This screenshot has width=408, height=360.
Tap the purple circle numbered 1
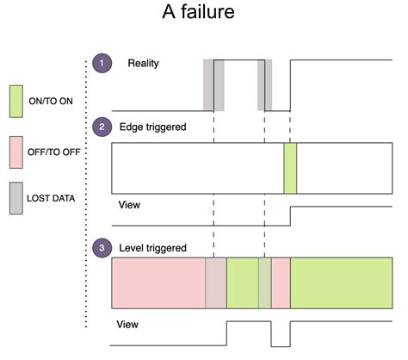pos(103,64)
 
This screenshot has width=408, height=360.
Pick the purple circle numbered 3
pos(103,248)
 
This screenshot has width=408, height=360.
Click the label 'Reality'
pos(144,64)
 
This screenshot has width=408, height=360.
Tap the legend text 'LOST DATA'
pos(63,198)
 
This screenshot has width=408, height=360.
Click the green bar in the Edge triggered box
pos(290,168)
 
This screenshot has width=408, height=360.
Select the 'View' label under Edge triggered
pos(129,206)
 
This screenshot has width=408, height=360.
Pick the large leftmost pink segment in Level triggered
pos(158,283)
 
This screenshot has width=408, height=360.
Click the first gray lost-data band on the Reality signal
pos(213,84)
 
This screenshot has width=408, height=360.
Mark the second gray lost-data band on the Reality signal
pos(264,84)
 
